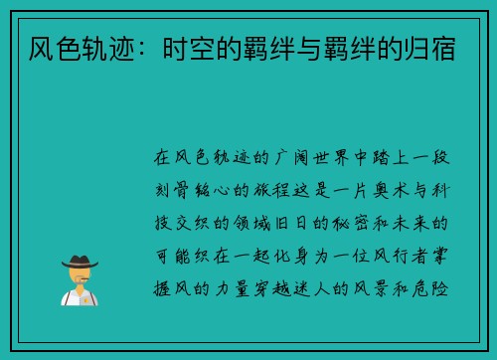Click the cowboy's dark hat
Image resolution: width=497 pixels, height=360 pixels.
click(x=79, y=262)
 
